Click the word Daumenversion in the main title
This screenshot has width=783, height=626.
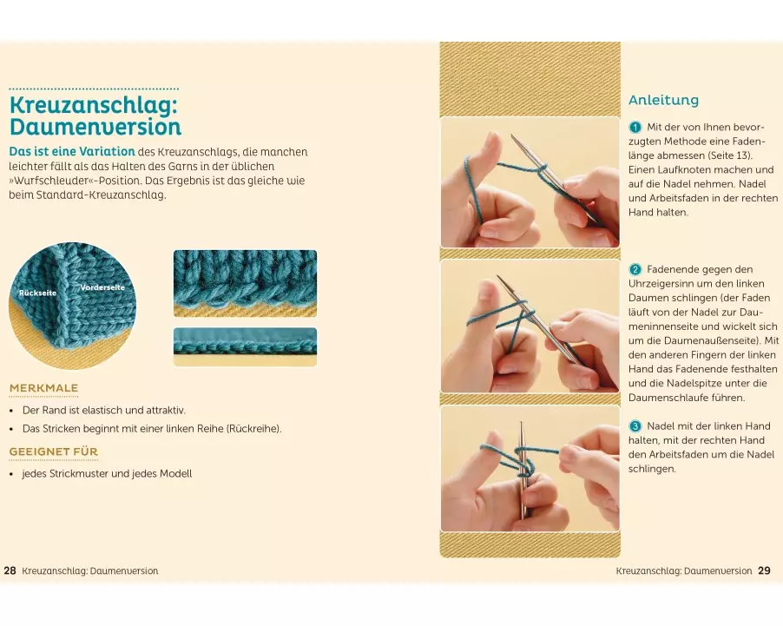tap(95, 127)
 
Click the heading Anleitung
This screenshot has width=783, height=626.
tap(663, 100)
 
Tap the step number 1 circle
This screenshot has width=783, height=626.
tap(635, 128)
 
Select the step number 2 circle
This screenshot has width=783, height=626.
tap(635, 270)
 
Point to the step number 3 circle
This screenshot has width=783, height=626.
tap(635, 426)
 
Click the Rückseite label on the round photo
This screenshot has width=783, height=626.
tap(38, 293)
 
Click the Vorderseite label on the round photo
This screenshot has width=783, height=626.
tap(102, 287)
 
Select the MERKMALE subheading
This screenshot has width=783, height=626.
tap(44, 388)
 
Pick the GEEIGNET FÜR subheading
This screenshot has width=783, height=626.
tap(54, 451)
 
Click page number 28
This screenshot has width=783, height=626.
tap(10, 570)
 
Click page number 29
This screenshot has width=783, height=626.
tap(764, 570)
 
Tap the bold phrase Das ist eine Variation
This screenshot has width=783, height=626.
tap(72, 152)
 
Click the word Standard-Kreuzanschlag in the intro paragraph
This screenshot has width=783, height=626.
tap(101, 194)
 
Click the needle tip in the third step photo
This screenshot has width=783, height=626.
tap(522, 423)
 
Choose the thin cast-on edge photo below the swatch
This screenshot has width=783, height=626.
tap(245, 346)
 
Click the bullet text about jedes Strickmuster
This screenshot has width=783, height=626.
tap(107, 473)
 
